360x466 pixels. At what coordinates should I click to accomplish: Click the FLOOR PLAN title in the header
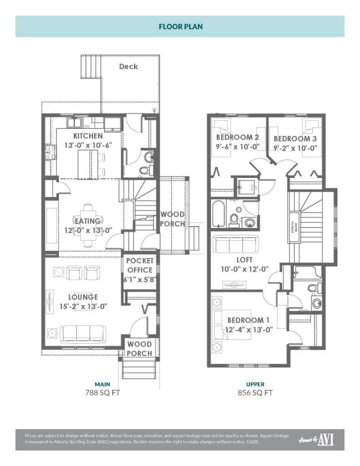[180, 26]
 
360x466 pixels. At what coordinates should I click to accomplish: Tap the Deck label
[128, 66]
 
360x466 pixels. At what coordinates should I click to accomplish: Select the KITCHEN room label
[88, 136]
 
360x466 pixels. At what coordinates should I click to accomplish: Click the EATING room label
[88, 221]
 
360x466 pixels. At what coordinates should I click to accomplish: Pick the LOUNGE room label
[83, 297]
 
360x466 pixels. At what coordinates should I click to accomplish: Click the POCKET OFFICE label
[140, 265]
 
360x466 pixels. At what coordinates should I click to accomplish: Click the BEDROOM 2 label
[238, 137]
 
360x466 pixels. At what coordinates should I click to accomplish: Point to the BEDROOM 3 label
[295, 138]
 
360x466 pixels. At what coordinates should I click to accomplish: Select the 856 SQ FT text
[255, 393]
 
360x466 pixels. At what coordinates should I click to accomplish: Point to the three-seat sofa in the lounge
[83, 334]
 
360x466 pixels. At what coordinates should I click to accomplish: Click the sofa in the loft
[236, 245]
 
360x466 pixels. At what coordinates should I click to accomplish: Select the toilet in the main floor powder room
[145, 170]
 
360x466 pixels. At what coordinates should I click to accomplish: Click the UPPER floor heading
[255, 384]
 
